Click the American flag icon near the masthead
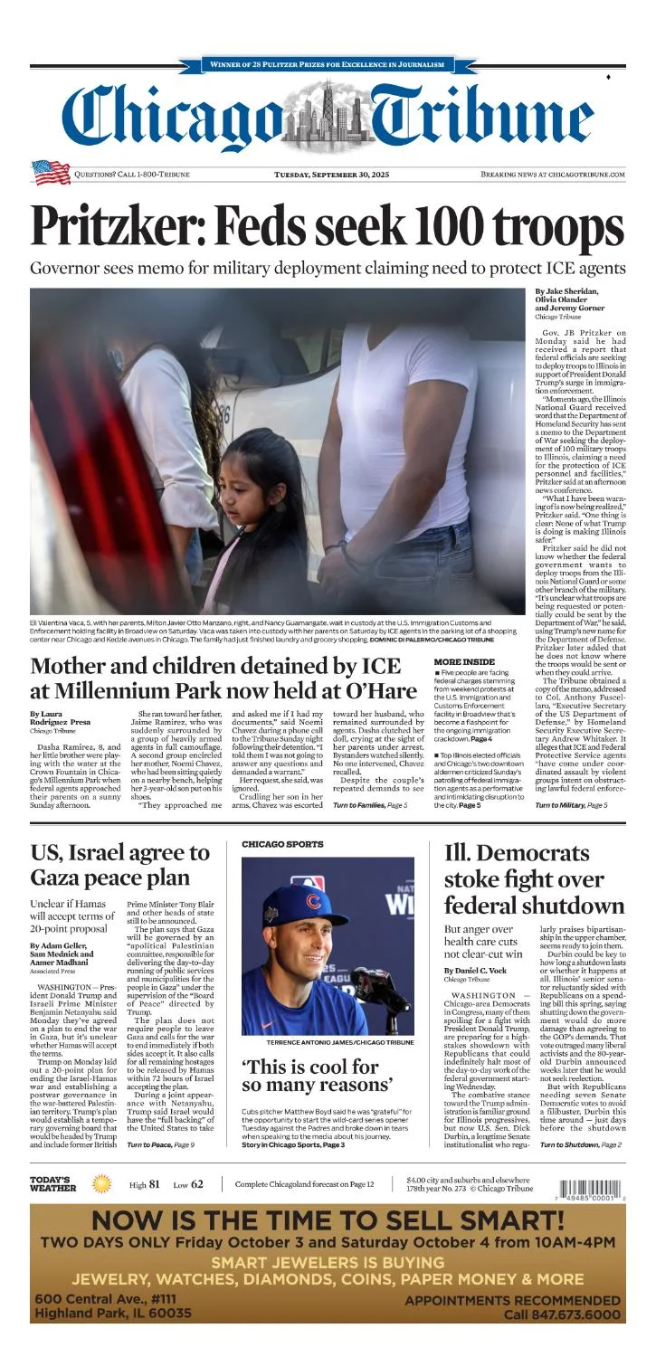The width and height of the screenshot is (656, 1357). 51,173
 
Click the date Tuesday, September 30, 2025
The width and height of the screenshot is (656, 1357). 331,174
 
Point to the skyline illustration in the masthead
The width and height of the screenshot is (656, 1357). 327,118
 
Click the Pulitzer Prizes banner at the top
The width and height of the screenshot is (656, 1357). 327,65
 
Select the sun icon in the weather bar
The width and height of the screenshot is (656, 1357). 102,1184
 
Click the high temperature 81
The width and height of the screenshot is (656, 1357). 155,1184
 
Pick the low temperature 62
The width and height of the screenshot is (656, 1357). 197,1184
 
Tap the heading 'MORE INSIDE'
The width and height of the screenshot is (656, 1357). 464,661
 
